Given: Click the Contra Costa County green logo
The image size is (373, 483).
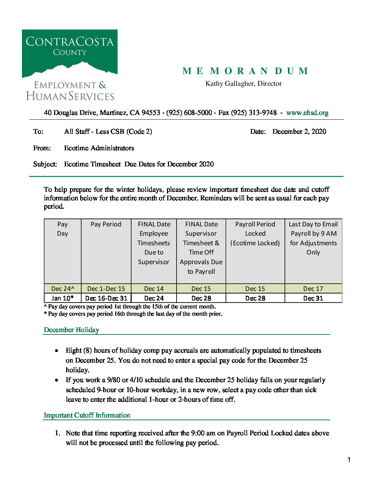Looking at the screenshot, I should pos(70,53).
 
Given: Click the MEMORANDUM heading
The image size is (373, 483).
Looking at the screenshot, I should pos(245,71).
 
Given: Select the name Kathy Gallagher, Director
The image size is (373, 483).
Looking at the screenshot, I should pos(243,83).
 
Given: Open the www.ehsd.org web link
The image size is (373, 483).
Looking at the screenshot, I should pos(307,113).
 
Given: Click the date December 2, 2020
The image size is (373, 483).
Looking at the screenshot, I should pos(299,131).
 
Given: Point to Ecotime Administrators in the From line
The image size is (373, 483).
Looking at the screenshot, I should pos(99,148).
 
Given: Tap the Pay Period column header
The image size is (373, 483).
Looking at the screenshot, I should pos(106,224).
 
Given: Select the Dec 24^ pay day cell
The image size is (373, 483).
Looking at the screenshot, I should pos(62,288).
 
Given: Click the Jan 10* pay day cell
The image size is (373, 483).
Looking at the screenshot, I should pos(62,298).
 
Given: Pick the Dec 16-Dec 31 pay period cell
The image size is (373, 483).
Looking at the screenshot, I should pos(106,298).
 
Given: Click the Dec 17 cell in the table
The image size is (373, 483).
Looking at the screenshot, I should pos(313,288).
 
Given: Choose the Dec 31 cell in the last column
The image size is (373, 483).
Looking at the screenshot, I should pos(313,298).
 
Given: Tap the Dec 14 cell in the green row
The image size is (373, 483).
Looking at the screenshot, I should pos(154,288).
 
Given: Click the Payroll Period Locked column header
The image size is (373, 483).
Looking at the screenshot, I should pos(255,233).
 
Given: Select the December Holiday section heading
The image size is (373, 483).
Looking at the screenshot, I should pos(71,330).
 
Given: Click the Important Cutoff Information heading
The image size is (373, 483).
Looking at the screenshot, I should pos(87,415).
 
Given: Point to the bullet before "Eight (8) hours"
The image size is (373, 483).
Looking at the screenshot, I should pos(57,351).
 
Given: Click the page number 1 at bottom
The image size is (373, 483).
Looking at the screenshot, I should pos(349,460).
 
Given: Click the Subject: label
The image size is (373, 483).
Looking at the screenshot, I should pos(45,164).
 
